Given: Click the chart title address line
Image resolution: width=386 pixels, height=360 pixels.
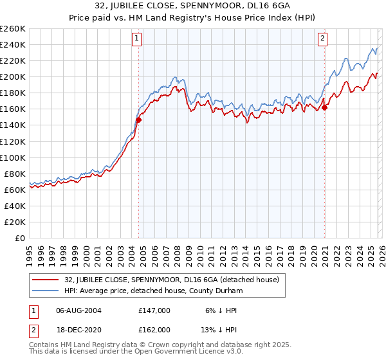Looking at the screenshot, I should point(192,7).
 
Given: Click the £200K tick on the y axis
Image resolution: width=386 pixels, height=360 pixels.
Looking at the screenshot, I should point(14,76).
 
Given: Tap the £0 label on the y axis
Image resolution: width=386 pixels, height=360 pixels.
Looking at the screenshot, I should point(20,238).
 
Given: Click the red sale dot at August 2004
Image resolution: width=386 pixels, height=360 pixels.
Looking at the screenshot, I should point(138,119).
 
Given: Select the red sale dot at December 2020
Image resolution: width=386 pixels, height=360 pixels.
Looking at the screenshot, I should point(325,107).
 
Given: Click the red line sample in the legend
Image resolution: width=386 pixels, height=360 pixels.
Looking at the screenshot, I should point(46,280).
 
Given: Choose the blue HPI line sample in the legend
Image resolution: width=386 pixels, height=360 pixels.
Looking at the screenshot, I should point(46,291).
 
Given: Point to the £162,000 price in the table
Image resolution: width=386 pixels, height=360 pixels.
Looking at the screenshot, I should point(154,329).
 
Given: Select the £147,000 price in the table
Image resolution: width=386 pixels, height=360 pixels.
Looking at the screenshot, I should point(154,310).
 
